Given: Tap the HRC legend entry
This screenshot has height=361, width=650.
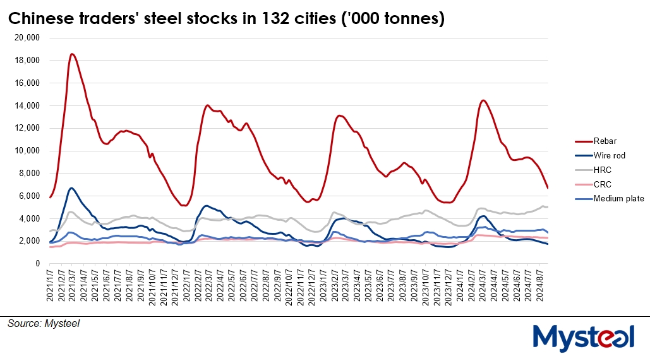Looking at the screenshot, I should (601, 170).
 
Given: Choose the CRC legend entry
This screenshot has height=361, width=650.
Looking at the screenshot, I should (601, 184).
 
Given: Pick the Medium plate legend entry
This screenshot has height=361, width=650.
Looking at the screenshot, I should (618, 199).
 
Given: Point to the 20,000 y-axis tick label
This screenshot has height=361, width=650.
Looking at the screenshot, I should (27, 38).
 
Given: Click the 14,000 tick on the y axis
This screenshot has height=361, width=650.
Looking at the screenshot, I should (27, 105).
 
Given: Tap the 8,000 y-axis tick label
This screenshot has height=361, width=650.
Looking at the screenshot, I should (29, 173).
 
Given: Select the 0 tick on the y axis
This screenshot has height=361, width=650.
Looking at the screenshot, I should (38, 263).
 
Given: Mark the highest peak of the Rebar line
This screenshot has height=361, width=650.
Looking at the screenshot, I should (72, 54).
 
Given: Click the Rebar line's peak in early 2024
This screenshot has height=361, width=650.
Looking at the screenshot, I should (483, 100).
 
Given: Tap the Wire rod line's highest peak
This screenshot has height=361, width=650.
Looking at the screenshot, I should (72, 188).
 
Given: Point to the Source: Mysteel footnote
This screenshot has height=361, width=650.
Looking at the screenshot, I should (44, 323).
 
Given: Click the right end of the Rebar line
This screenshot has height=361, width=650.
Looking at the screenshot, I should (548, 188).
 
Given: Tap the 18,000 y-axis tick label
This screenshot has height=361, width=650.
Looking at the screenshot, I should (27, 61).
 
